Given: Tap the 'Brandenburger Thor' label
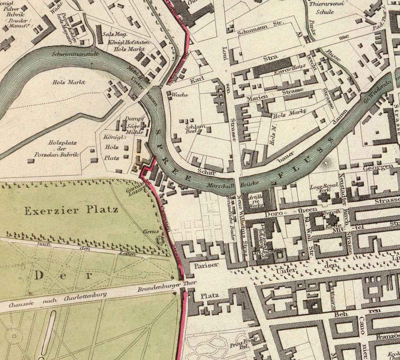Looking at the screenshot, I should pyautogui.click(x=160, y=288).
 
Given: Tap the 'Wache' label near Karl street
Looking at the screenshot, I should pyautogui.click(x=180, y=95).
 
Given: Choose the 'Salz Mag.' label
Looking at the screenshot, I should pyautogui.click(x=112, y=34).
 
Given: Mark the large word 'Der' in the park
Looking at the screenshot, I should pyautogui.click(x=63, y=275).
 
